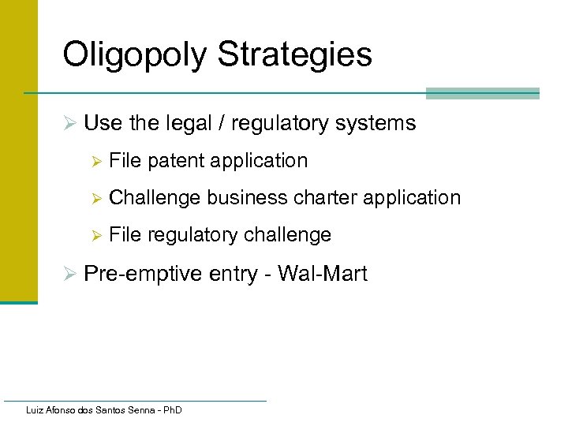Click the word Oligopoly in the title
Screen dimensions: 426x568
pyautogui.click(x=135, y=55)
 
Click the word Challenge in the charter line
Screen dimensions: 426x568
pyautogui.click(x=155, y=197)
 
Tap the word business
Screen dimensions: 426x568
pyautogui.click(x=248, y=197)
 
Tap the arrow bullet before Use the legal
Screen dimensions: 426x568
pyautogui.click(x=69, y=124)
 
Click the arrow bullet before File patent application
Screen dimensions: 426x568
pyautogui.click(x=97, y=162)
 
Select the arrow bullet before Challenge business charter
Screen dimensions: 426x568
pyautogui.click(x=97, y=198)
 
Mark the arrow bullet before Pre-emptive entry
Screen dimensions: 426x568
pyautogui.click(x=69, y=275)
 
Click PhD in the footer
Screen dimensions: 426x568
pyautogui.click(x=171, y=410)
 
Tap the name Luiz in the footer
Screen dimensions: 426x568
pyautogui.click(x=35, y=410)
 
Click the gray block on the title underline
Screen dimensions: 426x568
pyautogui.click(x=482, y=93)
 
